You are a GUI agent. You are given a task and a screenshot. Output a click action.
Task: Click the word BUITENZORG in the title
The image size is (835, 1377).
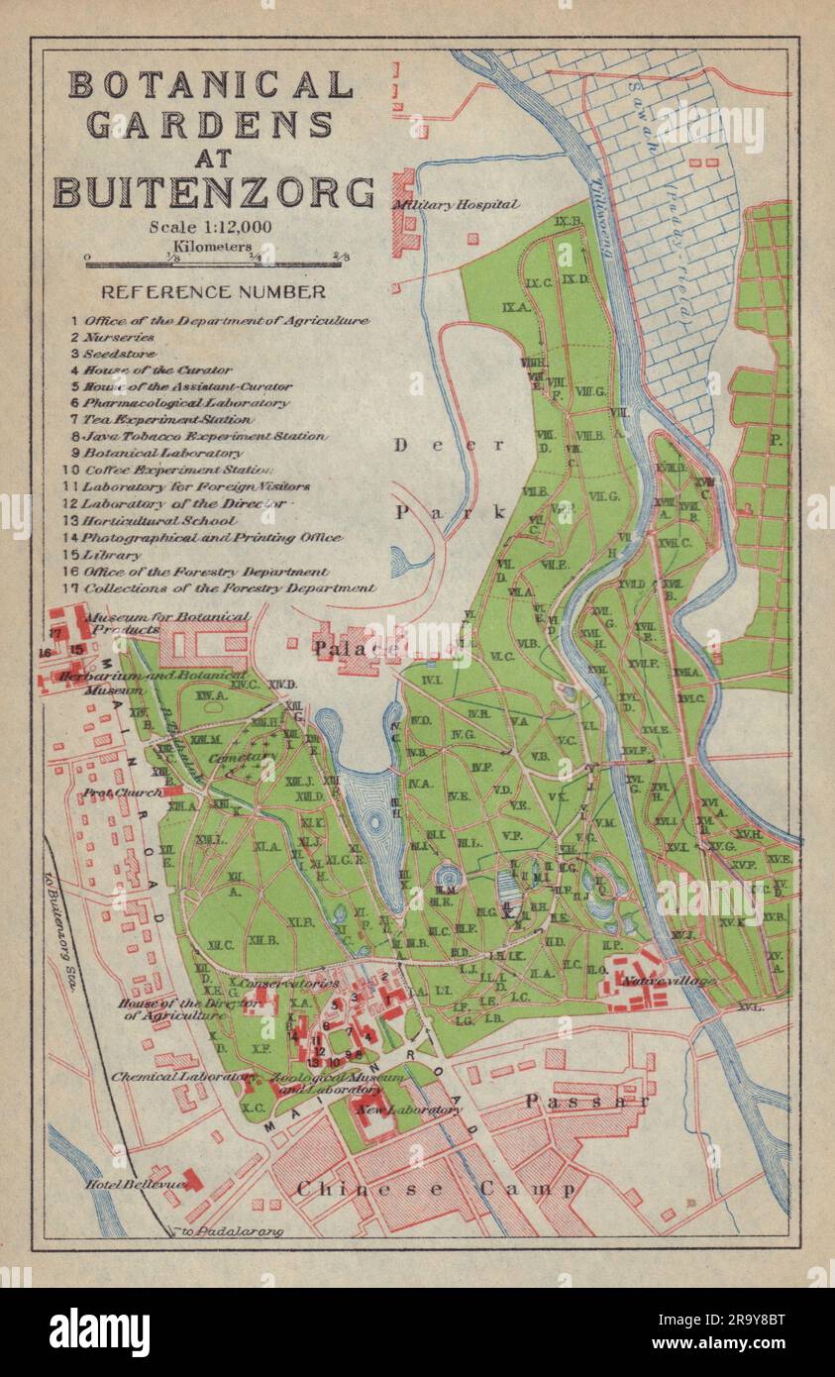(x=214, y=191)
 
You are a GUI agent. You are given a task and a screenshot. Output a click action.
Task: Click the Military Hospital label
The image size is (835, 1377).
(x=456, y=205)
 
